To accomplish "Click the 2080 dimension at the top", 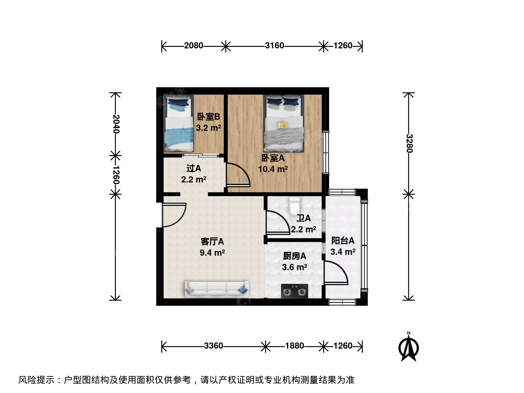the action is tap(193, 45).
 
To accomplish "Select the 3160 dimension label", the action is tap(274, 45).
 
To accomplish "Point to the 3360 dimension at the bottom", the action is tap(213, 346).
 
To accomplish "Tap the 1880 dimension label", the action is tap(295, 346).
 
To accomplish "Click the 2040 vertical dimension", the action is tap(116, 124).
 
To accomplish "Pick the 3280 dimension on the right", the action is tap(409, 143).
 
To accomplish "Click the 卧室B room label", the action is tap(209, 117).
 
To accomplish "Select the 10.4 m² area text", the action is tap(273, 169).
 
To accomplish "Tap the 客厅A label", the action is tap(212, 242).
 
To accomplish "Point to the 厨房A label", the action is tap(294, 256).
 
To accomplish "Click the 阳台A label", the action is tap(343, 241).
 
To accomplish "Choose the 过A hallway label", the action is tap(194, 168).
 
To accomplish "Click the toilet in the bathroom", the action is tap(295, 206).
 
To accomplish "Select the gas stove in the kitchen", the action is tap(294, 291).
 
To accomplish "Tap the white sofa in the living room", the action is tap(217, 289).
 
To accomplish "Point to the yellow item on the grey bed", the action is tap(283, 125).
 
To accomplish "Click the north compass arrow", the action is tap(408, 347).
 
